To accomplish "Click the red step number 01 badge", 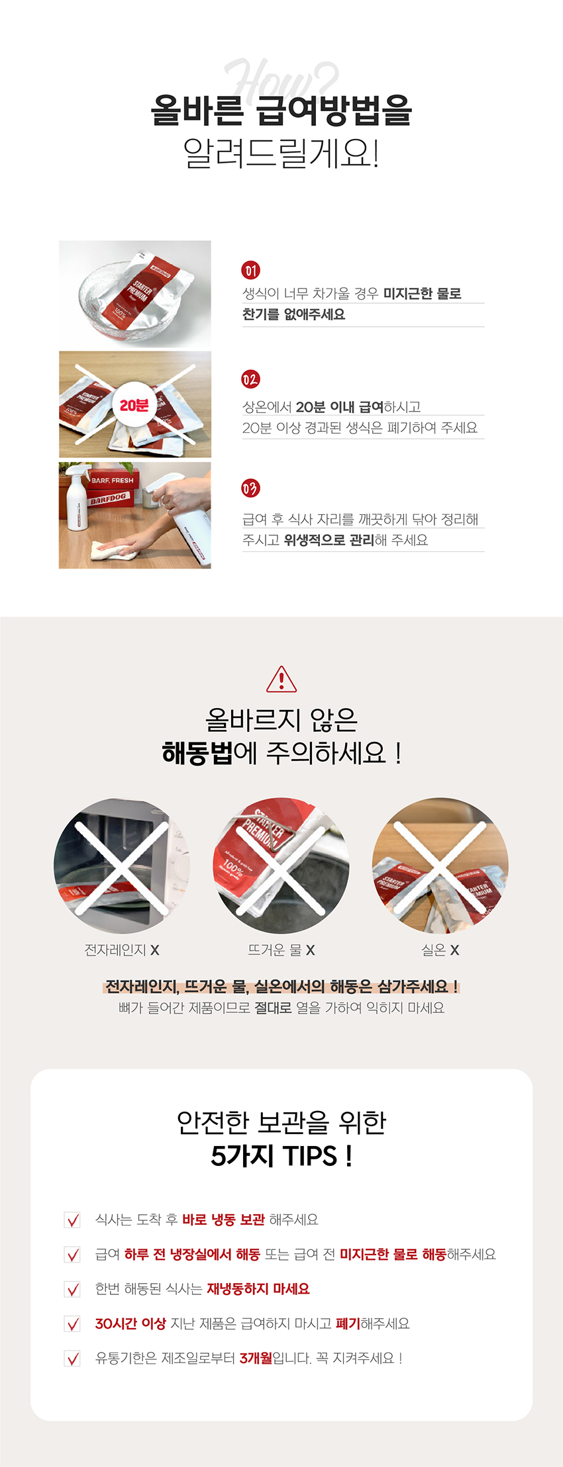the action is (x=250, y=270).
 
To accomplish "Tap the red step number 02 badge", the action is (x=250, y=379).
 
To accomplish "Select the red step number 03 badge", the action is (x=250, y=488).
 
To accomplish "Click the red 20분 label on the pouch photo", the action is (x=134, y=405).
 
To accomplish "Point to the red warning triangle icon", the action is (x=281, y=679).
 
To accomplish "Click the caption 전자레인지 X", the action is (x=122, y=950).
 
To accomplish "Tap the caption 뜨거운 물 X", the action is (x=281, y=950).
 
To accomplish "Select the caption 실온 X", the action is (x=440, y=950).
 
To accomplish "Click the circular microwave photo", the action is (x=122, y=866).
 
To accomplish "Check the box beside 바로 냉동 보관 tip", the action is (x=72, y=1220).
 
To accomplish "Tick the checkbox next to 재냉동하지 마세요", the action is (x=72, y=1289).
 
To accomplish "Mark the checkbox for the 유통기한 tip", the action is (x=72, y=1358).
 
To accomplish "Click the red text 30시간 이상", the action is (x=130, y=1323).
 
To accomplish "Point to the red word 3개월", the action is (x=256, y=1358).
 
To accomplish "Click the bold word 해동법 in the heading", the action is (x=197, y=753).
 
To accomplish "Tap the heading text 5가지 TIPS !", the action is (x=281, y=1156).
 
